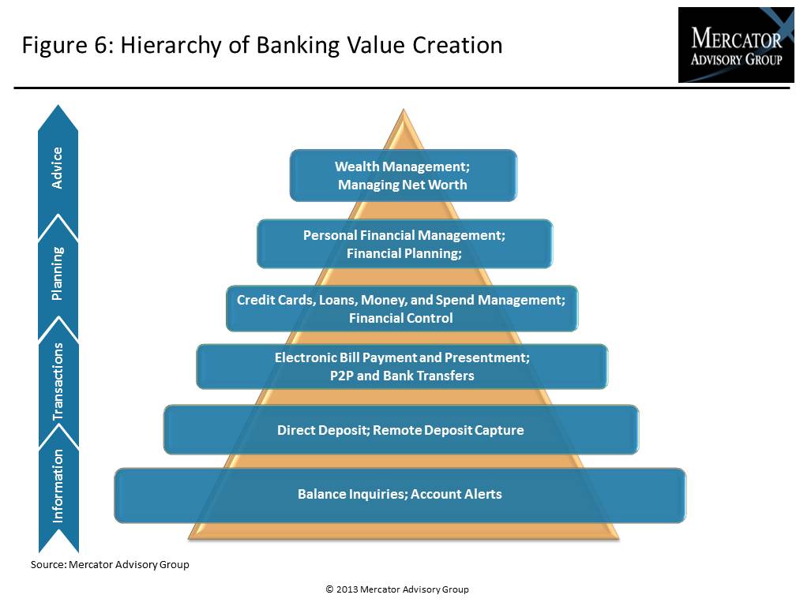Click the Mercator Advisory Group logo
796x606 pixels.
(x=736, y=45)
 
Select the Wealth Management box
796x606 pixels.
(x=404, y=175)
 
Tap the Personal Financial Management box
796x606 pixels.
(x=404, y=244)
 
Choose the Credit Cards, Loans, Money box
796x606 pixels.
(x=402, y=309)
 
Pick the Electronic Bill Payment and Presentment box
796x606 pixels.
(x=402, y=367)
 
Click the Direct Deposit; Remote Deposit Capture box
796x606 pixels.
(x=401, y=430)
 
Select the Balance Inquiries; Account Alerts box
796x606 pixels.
(x=400, y=496)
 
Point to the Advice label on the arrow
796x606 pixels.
(x=58, y=168)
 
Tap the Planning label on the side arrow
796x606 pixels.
(x=58, y=273)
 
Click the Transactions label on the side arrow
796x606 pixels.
(x=58, y=381)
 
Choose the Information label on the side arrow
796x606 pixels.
(x=58, y=486)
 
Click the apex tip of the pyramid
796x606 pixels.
(x=404, y=109)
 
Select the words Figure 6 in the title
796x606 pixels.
(x=69, y=45)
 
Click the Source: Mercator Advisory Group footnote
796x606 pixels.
(x=110, y=564)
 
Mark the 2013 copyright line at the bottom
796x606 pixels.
(x=397, y=589)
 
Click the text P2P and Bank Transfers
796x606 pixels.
(x=402, y=376)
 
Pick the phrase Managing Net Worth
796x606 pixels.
(x=403, y=185)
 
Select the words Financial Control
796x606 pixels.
(x=401, y=318)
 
